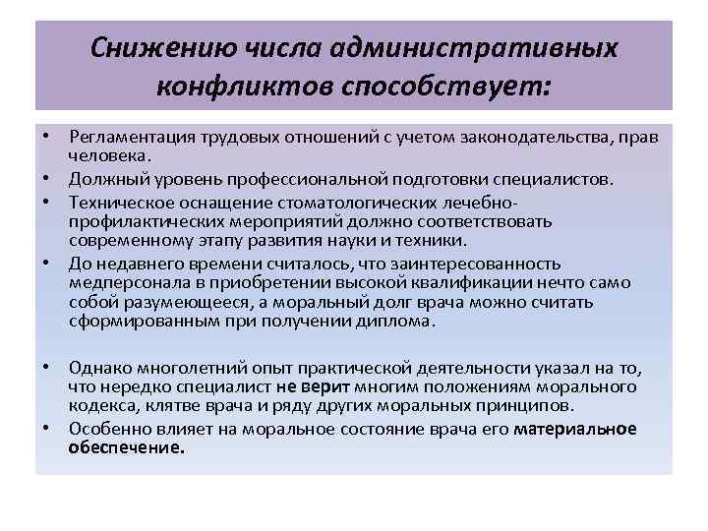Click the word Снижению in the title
(x=148, y=48)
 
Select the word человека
(x=109, y=155)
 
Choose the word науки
(x=379, y=242)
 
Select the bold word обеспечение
(x=127, y=447)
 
